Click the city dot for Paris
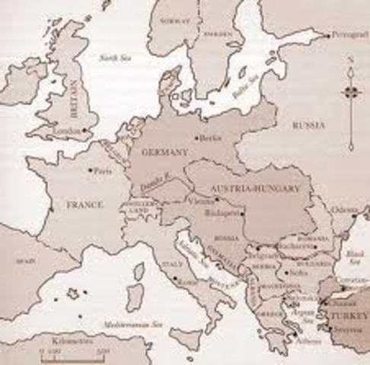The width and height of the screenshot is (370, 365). point(91,170)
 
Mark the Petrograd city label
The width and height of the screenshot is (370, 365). point(347,34)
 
